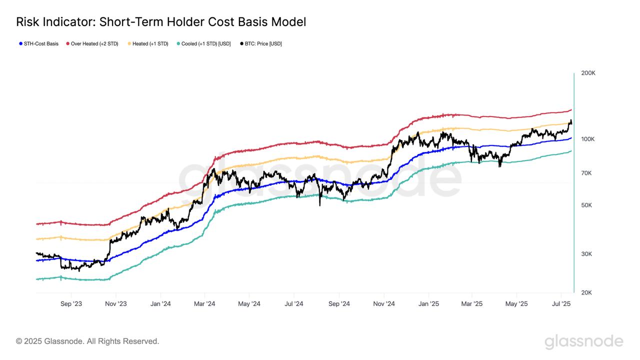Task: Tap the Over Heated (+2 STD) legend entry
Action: pyautogui.click(x=92, y=44)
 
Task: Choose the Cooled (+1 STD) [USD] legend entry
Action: pyautogui.click(x=203, y=44)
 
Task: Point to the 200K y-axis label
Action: pyautogui.click(x=588, y=73)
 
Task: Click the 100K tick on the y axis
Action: pyautogui.click(x=588, y=139)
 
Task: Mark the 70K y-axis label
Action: pyautogui.click(x=586, y=173)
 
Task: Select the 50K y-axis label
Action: pyautogui.click(x=586, y=205)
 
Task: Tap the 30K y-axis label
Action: pyautogui.click(x=586, y=254)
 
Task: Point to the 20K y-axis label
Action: pyautogui.click(x=586, y=292)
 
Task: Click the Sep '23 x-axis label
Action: pyautogui.click(x=71, y=303)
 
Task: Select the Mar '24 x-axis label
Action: pyautogui.click(x=204, y=303)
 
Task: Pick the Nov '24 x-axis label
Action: pyautogui.click(x=384, y=303)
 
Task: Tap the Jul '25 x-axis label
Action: pyautogui.click(x=561, y=303)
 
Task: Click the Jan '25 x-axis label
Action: pyautogui.click(x=428, y=303)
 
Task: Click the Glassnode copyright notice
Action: pyautogui.click(x=87, y=341)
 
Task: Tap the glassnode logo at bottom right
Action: pyautogui.click(x=583, y=342)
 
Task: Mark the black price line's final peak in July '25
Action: pyautogui.click(x=570, y=120)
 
